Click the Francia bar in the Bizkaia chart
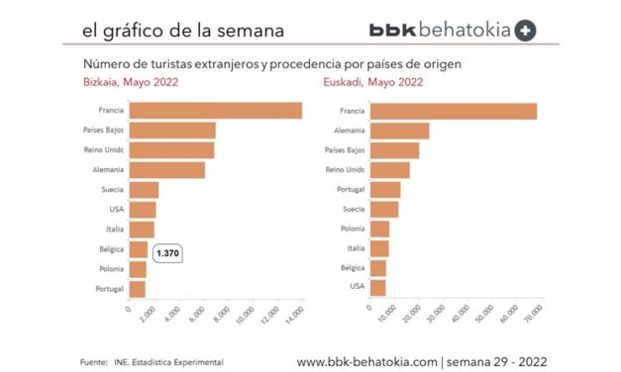pos(215,111)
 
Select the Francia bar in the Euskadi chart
pos(454,111)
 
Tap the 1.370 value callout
pos(168,253)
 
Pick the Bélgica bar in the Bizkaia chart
pos(138,249)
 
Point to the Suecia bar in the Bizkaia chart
pos(144,190)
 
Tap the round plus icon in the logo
pos(526,31)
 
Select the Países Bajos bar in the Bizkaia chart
pos(172,131)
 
